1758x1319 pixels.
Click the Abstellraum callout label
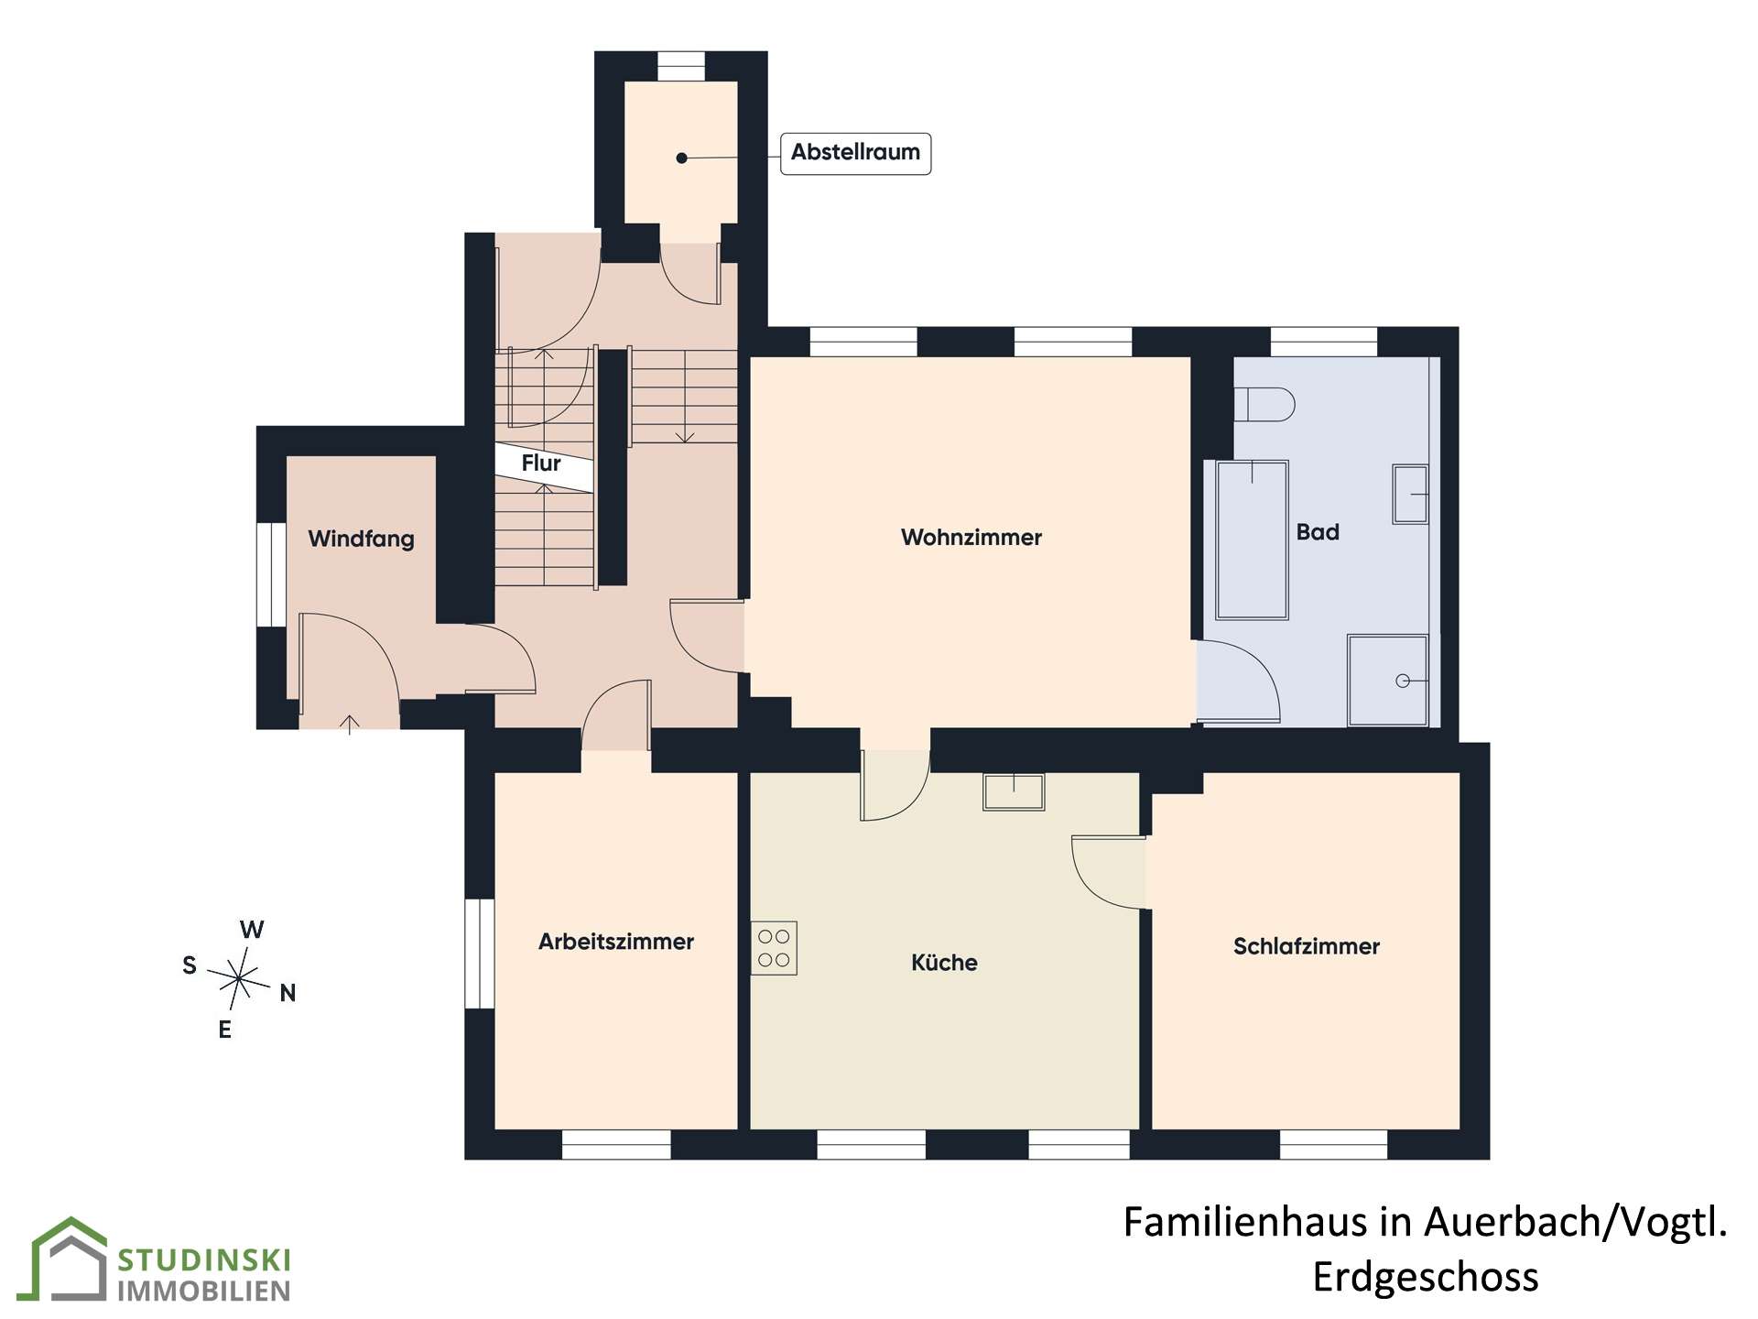click(855, 153)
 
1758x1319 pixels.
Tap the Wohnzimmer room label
click(971, 538)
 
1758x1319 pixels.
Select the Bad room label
click(1318, 532)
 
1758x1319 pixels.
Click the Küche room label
click(944, 963)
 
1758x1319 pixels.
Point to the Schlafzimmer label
click(1306, 946)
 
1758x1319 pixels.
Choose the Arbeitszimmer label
click(616, 942)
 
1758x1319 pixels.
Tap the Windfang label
click(361, 539)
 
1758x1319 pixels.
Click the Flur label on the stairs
click(541, 463)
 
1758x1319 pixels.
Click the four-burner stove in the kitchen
click(774, 948)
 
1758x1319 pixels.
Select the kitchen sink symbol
click(1014, 791)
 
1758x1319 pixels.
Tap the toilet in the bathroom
click(1264, 405)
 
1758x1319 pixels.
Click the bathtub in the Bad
click(1252, 540)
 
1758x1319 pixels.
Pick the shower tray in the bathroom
click(1387, 681)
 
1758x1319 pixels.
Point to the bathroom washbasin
click(1410, 495)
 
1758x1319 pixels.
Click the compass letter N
click(288, 993)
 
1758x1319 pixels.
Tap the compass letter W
click(252, 930)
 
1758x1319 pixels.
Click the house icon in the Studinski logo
click(69, 1259)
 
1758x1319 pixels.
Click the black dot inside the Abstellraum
click(681, 158)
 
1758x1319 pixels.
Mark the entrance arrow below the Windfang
click(349, 725)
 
